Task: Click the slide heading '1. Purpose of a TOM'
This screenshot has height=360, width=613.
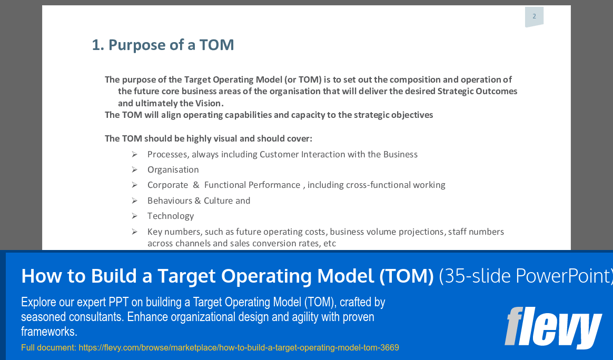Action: point(163,45)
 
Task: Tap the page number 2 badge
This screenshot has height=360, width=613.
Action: point(534,16)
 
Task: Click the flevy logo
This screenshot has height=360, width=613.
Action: point(553,327)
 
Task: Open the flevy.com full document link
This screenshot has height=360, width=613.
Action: point(239,347)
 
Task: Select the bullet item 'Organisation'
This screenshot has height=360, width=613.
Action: point(173,169)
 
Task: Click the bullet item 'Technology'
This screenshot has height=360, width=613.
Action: point(171,216)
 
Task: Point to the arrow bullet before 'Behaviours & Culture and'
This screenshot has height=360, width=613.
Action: point(135,201)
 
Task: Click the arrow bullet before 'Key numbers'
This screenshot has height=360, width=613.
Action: point(135,232)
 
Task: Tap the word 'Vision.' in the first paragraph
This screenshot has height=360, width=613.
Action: point(210,103)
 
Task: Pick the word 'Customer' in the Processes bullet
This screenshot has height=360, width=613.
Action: point(279,154)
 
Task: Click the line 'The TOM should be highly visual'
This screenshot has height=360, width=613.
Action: point(208,138)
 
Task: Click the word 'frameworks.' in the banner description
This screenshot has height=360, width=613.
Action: point(49,332)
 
